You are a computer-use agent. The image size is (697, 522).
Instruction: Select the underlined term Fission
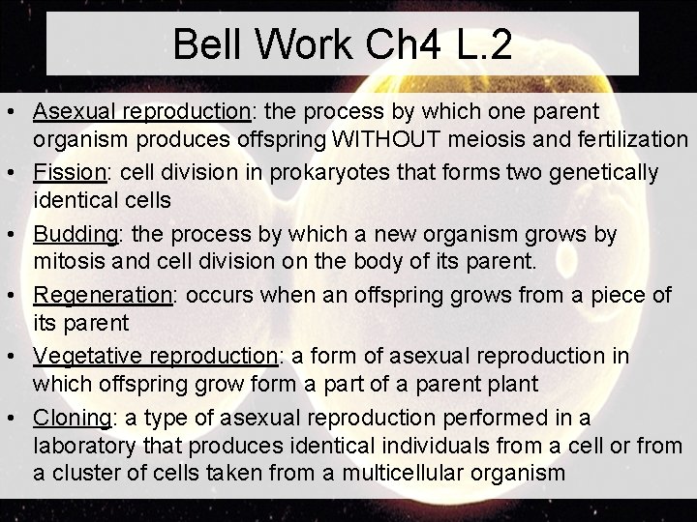coord(68,173)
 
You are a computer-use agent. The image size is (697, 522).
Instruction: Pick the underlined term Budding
coord(75,235)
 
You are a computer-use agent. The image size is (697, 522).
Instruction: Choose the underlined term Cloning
coord(72,419)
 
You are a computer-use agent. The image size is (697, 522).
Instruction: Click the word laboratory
coord(84,446)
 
